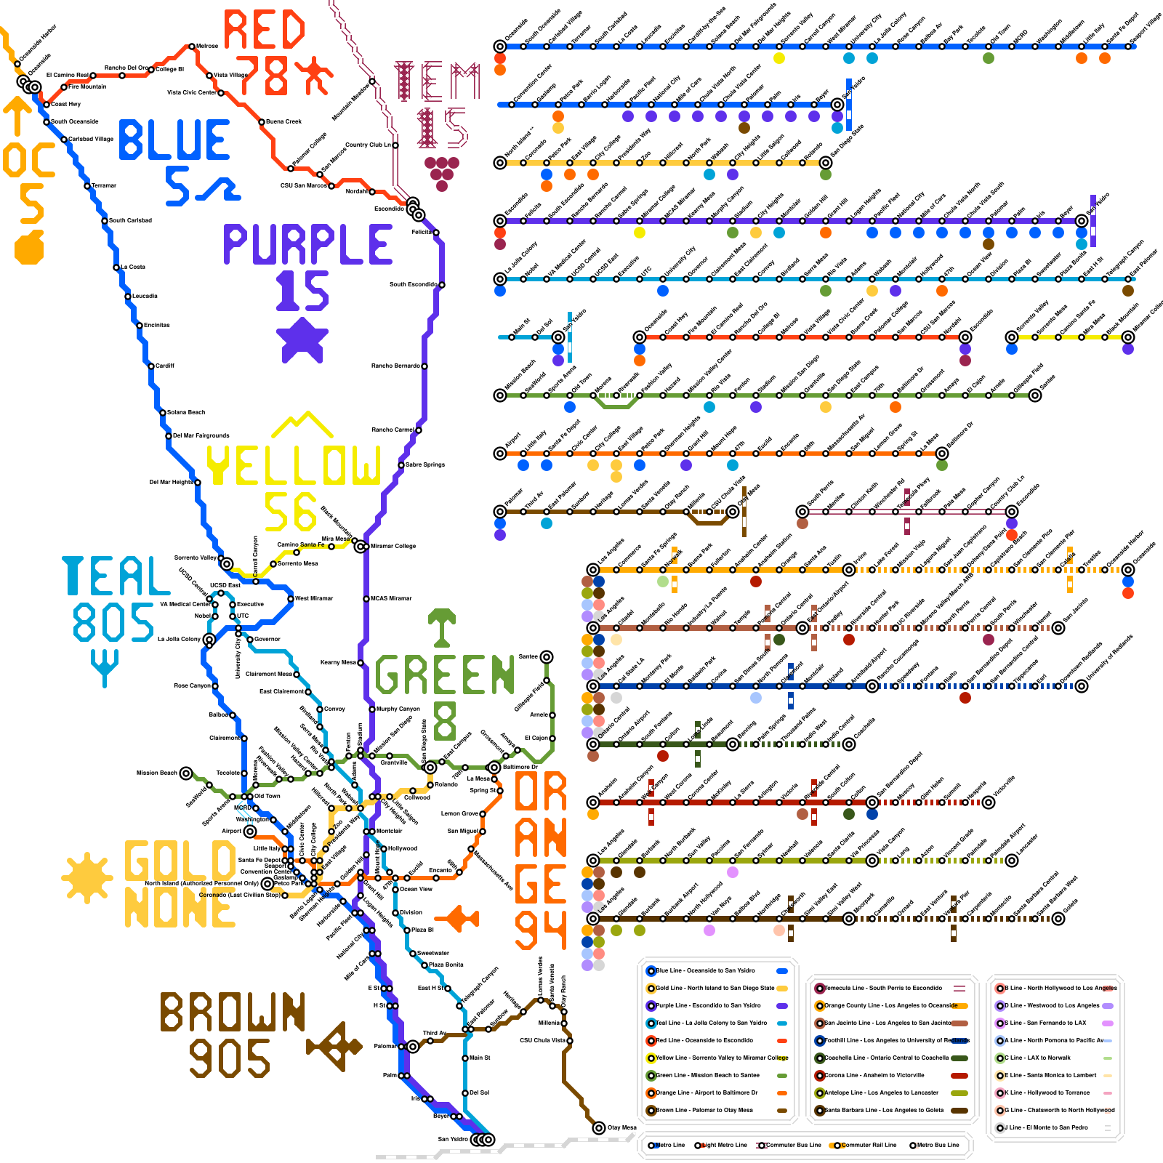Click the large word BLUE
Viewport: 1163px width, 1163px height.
tap(174, 140)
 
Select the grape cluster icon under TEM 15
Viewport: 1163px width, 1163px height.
tap(442, 173)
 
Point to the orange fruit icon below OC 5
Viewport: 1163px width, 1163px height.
tap(30, 247)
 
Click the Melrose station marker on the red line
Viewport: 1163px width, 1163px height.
tap(192, 47)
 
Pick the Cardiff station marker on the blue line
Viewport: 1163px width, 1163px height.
tap(151, 366)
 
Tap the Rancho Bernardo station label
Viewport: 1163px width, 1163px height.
tap(395, 366)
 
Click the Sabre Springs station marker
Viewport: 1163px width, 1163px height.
tap(401, 464)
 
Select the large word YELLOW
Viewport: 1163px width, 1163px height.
tap(294, 465)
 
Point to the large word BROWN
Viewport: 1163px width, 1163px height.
tap(233, 1012)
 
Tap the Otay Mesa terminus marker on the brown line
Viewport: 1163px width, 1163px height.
tap(599, 1128)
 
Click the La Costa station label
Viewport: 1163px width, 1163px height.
tap(132, 267)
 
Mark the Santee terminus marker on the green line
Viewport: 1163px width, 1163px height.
tap(547, 657)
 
